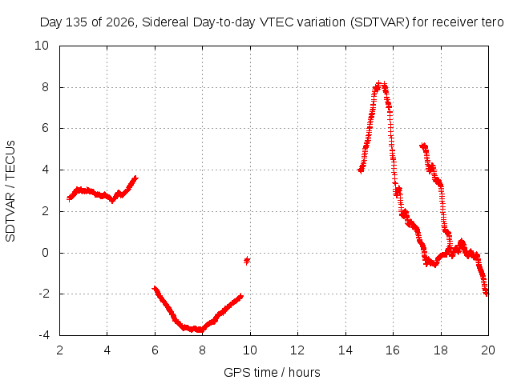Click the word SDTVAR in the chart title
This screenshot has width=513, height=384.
379,22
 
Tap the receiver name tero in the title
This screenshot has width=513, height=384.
492,22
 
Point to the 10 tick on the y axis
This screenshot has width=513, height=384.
42,46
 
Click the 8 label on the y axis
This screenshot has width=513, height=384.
45,87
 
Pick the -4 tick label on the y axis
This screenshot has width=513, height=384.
44,335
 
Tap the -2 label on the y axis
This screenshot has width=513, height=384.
44,294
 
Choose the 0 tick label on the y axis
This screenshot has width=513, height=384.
45,253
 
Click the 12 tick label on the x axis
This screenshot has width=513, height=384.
297,350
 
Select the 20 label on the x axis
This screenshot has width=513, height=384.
488,350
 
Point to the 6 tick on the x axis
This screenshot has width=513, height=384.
155,350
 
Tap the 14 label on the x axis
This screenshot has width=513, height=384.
345,350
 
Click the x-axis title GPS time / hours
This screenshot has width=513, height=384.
272,373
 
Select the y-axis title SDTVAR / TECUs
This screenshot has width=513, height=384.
10,191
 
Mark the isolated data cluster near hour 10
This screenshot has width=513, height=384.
247,260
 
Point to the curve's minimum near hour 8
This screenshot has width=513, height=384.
200,330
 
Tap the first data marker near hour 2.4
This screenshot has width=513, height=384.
69,198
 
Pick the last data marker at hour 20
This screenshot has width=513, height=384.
487,293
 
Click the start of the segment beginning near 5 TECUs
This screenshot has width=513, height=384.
422,146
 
